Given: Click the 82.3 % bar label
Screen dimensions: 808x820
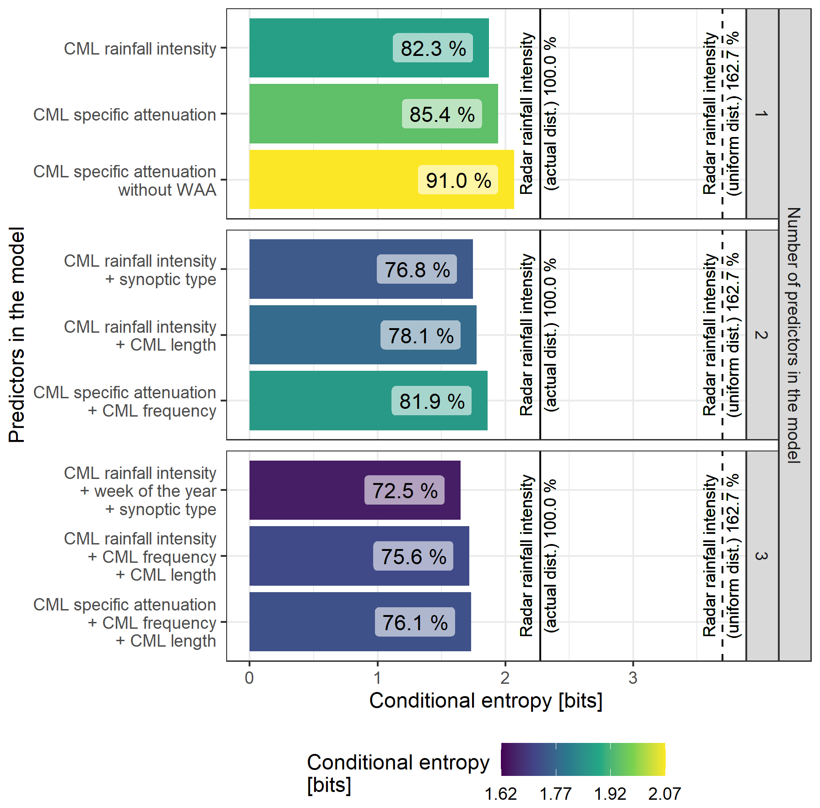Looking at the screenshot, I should tap(433, 48).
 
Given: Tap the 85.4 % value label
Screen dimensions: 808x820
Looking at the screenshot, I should tap(442, 114).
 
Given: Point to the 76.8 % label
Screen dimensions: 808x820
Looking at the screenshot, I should tap(417, 269).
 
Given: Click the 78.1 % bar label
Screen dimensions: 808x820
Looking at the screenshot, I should tap(420, 335).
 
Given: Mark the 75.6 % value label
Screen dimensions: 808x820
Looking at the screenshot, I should tap(413, 556).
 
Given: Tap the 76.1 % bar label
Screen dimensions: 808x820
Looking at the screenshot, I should tap(415, 622).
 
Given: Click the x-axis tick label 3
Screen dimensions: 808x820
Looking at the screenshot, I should tap(633, 678).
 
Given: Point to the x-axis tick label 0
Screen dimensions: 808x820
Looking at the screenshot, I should tap(249, 678).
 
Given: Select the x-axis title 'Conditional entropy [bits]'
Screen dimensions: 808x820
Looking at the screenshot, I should tap(486, 701).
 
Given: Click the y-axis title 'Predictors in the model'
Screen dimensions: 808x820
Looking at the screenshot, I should tap(17, 335).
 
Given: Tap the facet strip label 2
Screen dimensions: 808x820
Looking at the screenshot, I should tap(761, 335).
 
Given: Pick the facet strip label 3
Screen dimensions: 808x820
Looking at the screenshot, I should tap(761, 556).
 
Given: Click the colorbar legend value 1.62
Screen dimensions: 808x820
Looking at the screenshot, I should tap(500, 794).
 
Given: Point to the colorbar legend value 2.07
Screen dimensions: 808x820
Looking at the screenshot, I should tap(664, 794).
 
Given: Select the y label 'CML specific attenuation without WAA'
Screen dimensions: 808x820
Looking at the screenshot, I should tap(125, 181).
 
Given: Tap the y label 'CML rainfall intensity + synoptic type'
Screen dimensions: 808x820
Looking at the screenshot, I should tap(140, 270).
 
